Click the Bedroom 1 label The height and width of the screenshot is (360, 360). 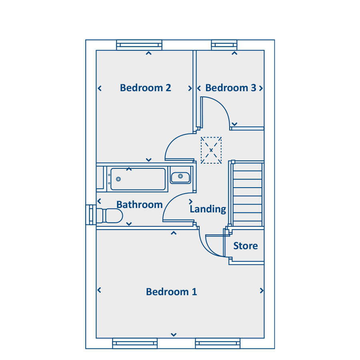click(x=172, y=292)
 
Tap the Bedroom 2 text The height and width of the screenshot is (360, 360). click(x=146, y=88)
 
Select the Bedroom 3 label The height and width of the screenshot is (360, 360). click(x=231, y=88)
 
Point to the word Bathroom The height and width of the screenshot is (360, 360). click(x=140, y=204)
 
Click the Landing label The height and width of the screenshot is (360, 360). click(x=208, y=209)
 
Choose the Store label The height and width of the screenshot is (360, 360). click(x=246, y=246)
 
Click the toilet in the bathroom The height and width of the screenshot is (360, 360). click(x=110, y=216)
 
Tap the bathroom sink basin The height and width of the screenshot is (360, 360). click(x=180, y=178)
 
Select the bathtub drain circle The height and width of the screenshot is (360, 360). click(x=118, y=179)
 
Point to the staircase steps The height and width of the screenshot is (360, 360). click(x=248, y=195)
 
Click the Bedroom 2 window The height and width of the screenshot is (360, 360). click(x=139, y=45)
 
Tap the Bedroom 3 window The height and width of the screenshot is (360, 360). click(x=224, y=45)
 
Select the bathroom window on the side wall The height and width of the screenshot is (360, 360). click(x=91, y=215)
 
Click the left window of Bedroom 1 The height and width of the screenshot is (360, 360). click(x=135, y=344)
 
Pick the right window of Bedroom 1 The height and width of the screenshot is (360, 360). click(x=218, y=344)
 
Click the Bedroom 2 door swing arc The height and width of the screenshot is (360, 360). click(x=174, y=140)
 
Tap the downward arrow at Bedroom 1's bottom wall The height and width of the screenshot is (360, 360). click(x=174, y=335)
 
